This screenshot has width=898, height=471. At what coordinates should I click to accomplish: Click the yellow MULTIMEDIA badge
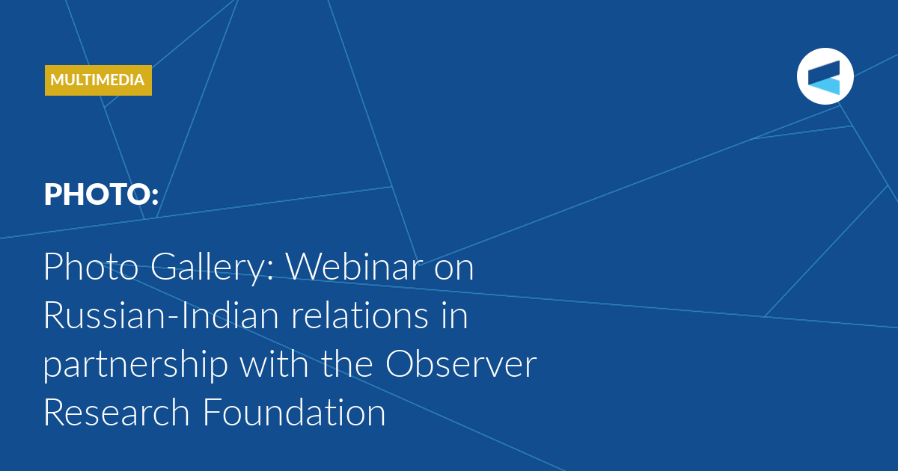[98, 80]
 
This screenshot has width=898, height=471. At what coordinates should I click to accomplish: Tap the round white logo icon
[825, 76]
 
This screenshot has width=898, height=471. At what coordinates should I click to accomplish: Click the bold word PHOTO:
[102, 194]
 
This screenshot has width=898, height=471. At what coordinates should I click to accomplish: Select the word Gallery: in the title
[212, 268]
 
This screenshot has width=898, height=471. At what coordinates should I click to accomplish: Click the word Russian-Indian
[161, 315]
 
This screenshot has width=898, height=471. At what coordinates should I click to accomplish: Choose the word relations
[360, 315]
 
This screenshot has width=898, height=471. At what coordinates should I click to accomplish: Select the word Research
[117, 412]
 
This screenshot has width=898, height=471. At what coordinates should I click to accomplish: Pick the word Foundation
[294, 412]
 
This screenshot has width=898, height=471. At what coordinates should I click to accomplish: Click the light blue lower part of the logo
[825, 85]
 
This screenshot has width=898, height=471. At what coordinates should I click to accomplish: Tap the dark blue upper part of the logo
[824, 71]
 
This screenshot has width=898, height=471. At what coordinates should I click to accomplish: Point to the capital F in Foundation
[211, 412]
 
